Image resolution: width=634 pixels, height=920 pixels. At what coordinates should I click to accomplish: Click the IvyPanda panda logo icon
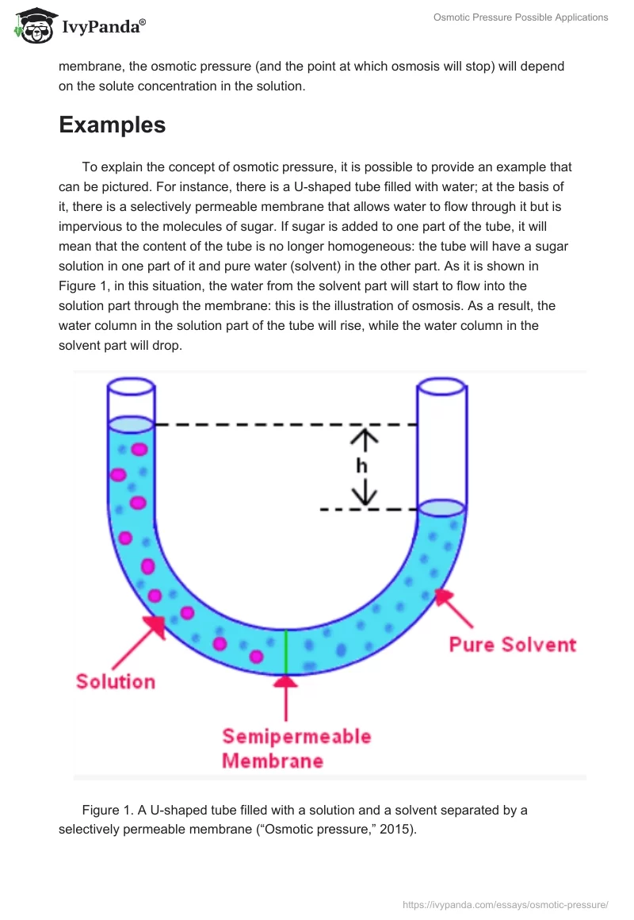(36, 26)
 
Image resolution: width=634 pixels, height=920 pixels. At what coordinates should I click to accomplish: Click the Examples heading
(112, 125)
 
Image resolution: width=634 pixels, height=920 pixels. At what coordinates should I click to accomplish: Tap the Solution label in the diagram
(116, 681)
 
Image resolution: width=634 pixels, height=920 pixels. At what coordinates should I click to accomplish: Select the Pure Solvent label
(513, 644)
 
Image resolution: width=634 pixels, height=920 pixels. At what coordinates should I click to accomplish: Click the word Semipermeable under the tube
(296, 736)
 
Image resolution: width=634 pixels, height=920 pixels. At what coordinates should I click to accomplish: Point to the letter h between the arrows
(362, 466)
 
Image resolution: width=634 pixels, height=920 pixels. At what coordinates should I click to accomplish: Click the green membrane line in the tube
(286, 652)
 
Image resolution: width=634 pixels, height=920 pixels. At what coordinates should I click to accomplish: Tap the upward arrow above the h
(365, 440)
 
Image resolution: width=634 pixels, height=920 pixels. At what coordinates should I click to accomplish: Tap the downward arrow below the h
(365, 493)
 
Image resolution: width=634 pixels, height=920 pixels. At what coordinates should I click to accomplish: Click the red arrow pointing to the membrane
(286, 698)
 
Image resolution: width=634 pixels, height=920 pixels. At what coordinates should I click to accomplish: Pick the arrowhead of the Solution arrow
(157, 626)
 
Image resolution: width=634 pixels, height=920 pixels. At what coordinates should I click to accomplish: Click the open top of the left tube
(132, 387)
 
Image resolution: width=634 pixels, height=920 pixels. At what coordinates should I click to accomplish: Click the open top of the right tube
(442, 387)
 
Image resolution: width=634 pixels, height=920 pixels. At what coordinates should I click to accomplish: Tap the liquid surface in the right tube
(442, 508)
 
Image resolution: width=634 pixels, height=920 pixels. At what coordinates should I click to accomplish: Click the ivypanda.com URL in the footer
(506, 905)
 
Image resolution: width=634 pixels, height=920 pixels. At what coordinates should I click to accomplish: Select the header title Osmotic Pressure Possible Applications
(521, 17)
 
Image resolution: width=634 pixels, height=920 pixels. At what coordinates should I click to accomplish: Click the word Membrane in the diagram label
(273, 761)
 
